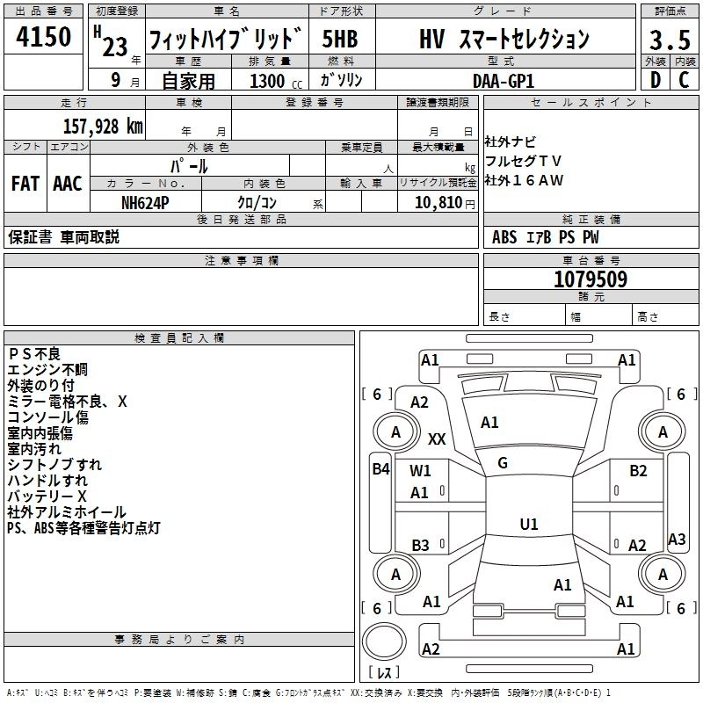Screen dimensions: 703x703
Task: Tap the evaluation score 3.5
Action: click(x=670, y=40)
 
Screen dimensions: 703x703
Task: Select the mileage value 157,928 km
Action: click(x=103, y=127)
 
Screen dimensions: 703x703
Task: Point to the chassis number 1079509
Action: click(x=591, y=280)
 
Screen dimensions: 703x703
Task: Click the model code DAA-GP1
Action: click(x=504, y=79)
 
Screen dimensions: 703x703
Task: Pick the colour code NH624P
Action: click(x=145, y=201)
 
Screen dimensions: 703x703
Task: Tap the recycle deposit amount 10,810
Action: click(x=434, y=202)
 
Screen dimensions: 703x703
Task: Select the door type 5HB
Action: click(x=339, y=40)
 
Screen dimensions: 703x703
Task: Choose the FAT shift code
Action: click(x=25, y=184)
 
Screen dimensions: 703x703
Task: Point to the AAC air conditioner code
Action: click(x=67, y=184)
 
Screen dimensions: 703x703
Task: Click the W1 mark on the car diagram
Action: click(x=420, y=471)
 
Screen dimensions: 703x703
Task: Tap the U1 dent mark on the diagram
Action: click(x=528, y=525)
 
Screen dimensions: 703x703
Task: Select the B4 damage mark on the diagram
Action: click(x=380, y=469)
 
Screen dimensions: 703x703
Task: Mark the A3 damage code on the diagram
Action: click(x=677, y=540)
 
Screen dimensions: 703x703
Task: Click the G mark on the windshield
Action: click(x=503, y=463)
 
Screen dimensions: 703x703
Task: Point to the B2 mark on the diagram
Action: click(x=638, y=471)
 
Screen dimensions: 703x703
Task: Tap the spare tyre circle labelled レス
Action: click(x=384, y=651)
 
